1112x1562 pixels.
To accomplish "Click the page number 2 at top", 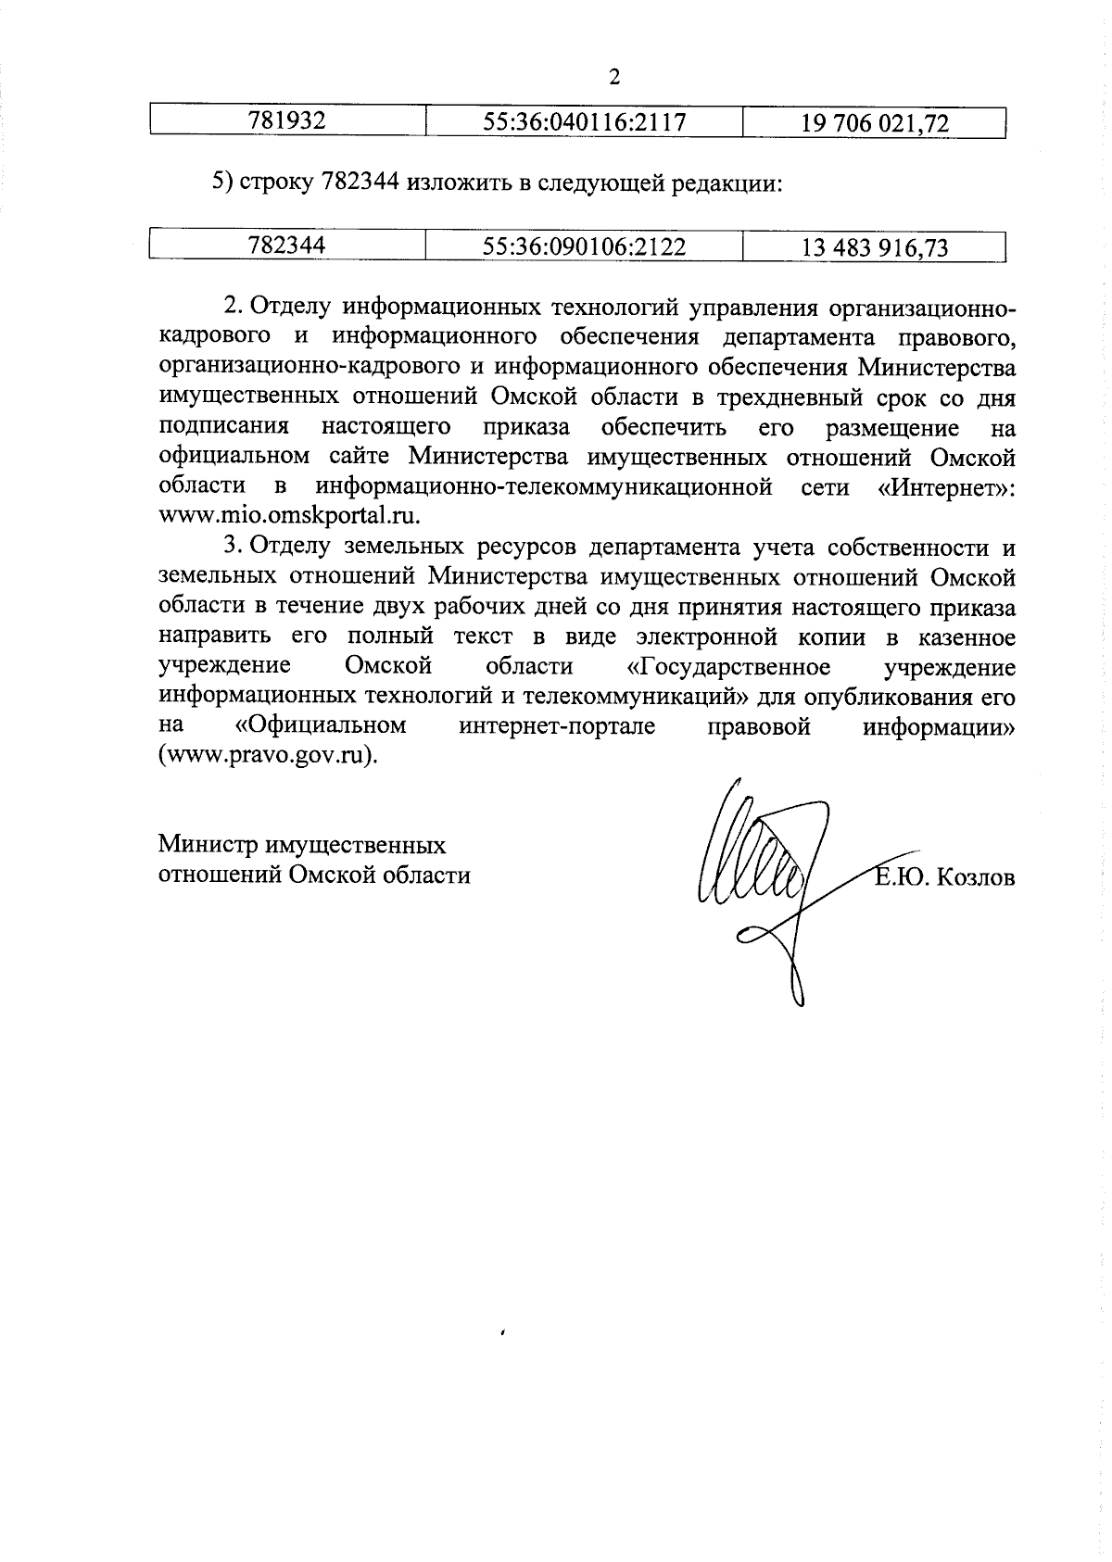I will [x=613, y=77].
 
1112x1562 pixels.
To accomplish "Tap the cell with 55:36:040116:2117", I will [x=584, y=121].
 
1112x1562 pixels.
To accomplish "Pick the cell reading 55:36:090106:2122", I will [x=584, y=246].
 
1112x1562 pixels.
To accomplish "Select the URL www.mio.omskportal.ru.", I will [x=290, y=516].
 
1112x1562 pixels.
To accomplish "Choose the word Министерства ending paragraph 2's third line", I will [x=937, y=367].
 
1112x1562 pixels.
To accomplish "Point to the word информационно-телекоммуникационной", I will [x=544, y=486].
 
